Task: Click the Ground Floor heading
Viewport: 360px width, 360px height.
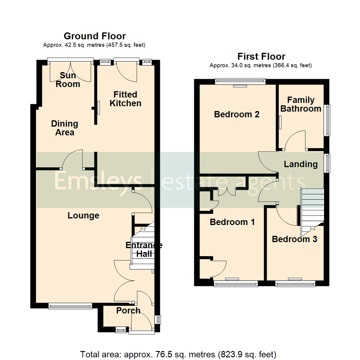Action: pos(95,36)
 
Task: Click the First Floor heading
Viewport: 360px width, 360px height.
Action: pos(261,56)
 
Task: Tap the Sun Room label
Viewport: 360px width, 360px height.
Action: pos(68,79)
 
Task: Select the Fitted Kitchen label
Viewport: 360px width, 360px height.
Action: pos(125,99)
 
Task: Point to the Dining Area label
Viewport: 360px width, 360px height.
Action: pos(65,128)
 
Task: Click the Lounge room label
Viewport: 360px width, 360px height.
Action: pos(83,216)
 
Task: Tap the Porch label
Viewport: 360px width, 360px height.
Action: pos(128,311)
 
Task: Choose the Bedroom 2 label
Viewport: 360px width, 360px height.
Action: pos(237,115)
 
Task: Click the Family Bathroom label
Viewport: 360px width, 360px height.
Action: pos(301,104)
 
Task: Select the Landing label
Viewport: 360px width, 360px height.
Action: pos(301,164)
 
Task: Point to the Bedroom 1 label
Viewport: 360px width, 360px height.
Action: pos(232,222)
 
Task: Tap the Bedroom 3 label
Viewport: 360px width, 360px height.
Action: pos(294,239)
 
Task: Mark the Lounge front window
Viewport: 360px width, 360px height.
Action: pos(70,305)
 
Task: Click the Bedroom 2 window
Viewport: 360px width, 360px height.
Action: pos(240,81)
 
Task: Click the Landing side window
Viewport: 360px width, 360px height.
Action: pos(328,163)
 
